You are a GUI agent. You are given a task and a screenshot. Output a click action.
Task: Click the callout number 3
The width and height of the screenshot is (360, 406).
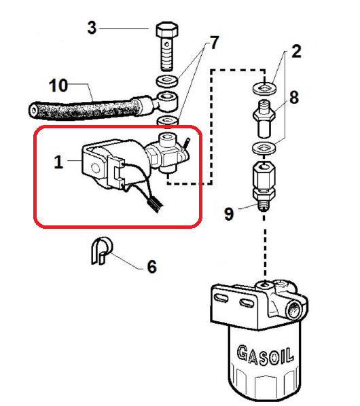tap(92, 28)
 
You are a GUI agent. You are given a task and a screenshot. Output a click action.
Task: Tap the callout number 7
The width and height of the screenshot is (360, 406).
tap(214, 43)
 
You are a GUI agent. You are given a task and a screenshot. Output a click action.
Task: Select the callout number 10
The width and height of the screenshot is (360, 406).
tap(58, 85)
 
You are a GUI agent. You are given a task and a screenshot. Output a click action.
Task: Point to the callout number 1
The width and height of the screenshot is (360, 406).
tap(59, 162)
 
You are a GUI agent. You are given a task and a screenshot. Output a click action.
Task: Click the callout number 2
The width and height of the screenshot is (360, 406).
tap(296, 52)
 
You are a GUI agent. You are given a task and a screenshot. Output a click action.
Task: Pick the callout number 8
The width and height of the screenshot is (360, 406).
tap(294, 97)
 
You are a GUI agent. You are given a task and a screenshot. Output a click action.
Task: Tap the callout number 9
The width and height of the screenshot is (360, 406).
tap(229, 214)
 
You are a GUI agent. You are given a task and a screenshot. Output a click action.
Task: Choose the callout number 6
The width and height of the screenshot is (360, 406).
tap(152, 266)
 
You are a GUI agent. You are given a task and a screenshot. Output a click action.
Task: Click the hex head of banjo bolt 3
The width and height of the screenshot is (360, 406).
tap(167, 29)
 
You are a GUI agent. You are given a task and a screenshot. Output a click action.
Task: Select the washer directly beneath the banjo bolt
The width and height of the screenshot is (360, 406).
tap(167, 81)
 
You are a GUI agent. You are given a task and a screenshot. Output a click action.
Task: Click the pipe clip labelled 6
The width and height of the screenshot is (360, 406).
tap(102, 251)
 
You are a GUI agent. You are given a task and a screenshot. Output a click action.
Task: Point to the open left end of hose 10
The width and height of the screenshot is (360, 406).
tap(34, 111)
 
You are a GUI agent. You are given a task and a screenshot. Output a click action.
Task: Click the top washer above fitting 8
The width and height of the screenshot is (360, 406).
tap(264, 88)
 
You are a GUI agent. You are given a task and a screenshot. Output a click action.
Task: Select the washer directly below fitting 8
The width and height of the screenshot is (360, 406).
tap(264, 148)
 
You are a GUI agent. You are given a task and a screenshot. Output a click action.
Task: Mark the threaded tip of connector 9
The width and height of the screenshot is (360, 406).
tap(264, 206)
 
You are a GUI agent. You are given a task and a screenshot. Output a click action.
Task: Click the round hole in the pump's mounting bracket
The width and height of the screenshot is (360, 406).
tap(96, 168)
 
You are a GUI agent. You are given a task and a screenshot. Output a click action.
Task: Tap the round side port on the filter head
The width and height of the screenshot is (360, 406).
tap(294, 310)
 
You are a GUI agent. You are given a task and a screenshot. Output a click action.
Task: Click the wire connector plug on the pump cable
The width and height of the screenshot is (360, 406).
tap(155, 205)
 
